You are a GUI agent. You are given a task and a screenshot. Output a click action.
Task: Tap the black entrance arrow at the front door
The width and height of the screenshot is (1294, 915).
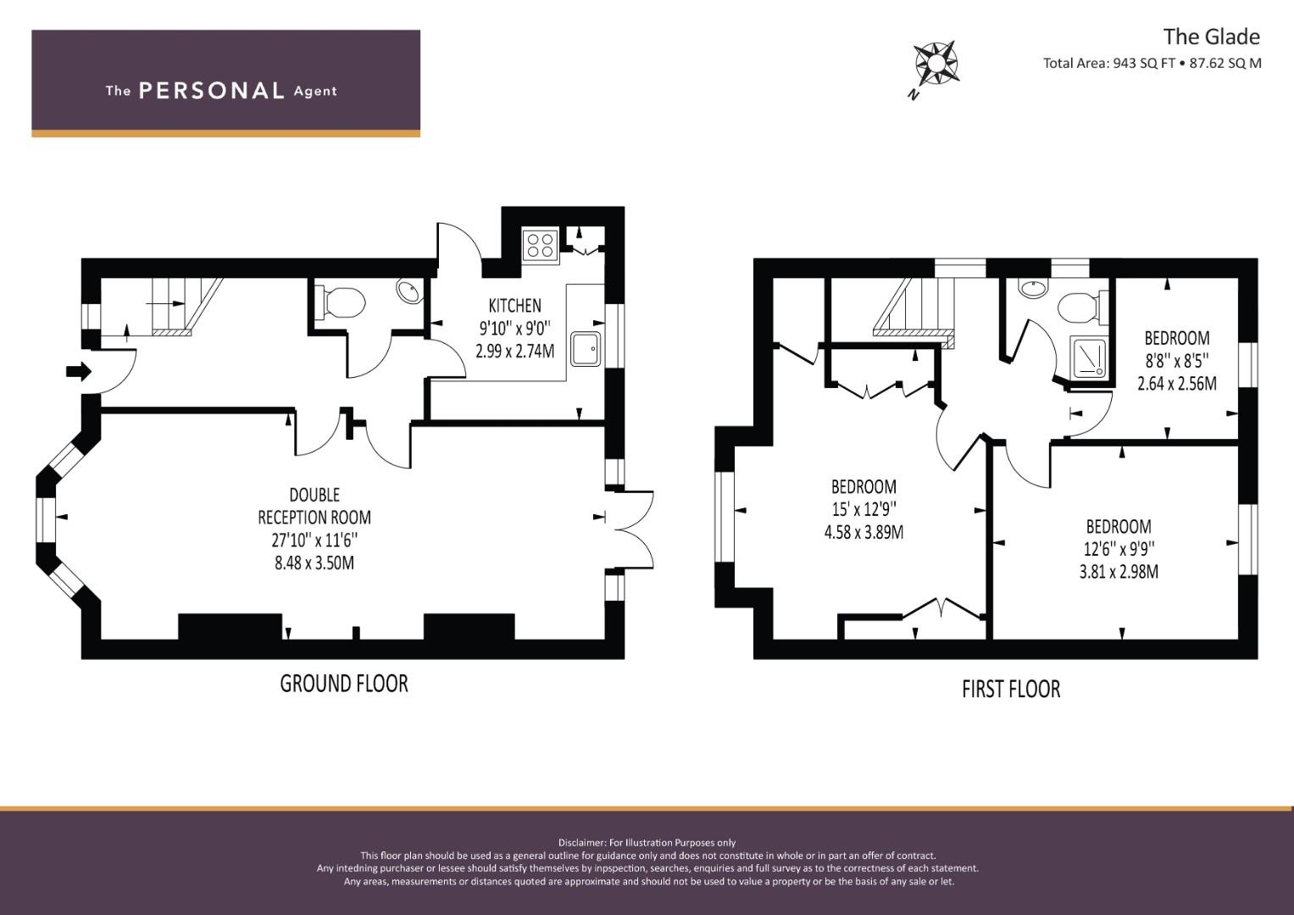point(79,371)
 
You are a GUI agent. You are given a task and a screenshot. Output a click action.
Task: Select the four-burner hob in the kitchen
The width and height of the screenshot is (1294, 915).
point(541,246)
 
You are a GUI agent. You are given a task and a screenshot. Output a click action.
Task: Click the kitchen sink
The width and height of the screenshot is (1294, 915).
point(586,349)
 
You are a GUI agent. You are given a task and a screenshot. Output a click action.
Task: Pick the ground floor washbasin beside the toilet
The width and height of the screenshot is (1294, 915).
point(409,291)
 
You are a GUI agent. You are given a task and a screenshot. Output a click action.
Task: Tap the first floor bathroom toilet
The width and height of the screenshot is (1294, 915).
point(1084,307)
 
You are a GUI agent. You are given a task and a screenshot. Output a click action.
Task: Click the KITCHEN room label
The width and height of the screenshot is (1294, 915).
point(514,305)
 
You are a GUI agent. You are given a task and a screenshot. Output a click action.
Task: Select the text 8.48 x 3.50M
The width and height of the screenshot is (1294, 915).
point(314,563)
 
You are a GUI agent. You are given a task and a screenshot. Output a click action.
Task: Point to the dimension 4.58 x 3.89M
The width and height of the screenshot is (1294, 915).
point(864,532)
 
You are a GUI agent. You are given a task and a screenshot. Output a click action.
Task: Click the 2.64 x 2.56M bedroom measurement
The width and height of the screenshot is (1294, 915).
point(1177,384)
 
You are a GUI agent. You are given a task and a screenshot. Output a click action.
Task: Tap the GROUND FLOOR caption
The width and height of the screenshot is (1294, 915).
point(344,684)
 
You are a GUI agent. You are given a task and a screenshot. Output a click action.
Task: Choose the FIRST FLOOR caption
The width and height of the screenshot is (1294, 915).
point(1011,689)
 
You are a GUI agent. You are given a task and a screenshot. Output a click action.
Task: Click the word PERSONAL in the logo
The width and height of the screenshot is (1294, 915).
point(212,91)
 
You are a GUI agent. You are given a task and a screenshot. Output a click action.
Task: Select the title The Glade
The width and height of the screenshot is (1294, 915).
point(1212,37)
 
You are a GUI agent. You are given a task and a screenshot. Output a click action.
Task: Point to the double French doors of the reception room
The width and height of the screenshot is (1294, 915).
point(630,530)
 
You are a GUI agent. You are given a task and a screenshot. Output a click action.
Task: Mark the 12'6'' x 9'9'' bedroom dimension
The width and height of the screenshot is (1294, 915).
point(1119,549)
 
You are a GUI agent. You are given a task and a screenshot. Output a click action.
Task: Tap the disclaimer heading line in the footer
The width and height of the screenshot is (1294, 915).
point(647,843)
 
